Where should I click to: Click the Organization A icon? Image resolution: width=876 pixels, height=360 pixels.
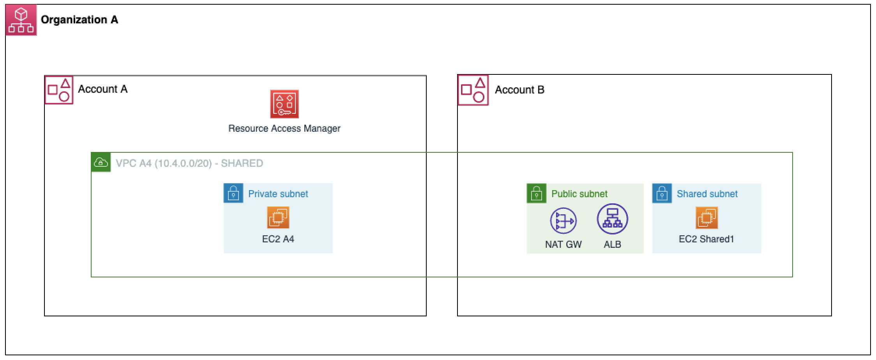click(21, 20)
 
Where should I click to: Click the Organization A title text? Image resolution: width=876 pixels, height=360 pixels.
click(79, 19)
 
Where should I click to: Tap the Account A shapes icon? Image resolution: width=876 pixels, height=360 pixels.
click(59, 90)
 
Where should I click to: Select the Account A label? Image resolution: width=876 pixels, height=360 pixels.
click(102, 89)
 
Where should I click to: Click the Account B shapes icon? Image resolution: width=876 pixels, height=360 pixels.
click(473, 90)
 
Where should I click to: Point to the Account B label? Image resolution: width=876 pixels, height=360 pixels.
click(519, 90)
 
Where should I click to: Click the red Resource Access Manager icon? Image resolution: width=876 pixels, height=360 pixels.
click(284, 104)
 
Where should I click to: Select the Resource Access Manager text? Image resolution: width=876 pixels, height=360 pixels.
click(284, 129)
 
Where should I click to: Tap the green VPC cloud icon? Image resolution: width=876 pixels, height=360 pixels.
click(101, 162)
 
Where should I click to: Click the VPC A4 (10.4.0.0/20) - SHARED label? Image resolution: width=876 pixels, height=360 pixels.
click(189, 163)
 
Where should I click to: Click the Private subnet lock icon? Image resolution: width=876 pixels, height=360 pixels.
click(233, 193)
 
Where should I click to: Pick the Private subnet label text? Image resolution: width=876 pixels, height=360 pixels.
click(278, 194)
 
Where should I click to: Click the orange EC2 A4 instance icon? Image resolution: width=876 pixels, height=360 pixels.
click(278, 217)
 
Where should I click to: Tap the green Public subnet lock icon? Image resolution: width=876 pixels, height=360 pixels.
click(537, 193)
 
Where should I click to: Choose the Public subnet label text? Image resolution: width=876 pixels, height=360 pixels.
click(579, 194)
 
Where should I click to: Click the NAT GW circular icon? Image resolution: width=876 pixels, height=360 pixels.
click(563, 221)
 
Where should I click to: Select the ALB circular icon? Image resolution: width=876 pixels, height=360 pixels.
click(612, 219)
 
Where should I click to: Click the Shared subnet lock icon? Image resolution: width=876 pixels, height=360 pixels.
click(662, 193)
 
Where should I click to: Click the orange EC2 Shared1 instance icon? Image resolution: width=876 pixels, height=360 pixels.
click(706, 217)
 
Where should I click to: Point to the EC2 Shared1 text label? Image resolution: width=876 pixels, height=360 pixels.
click(706, 239)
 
